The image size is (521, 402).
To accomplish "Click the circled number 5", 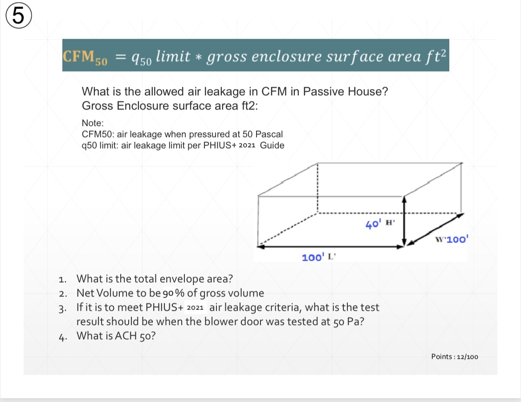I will point(17,17).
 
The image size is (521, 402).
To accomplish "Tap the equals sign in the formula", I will point(121,57).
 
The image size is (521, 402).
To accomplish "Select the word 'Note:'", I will point(93,122).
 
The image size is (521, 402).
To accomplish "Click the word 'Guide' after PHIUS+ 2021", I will point(272,146).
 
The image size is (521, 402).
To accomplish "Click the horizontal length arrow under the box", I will point(330,246).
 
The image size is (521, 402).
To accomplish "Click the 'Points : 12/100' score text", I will point(455,357).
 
